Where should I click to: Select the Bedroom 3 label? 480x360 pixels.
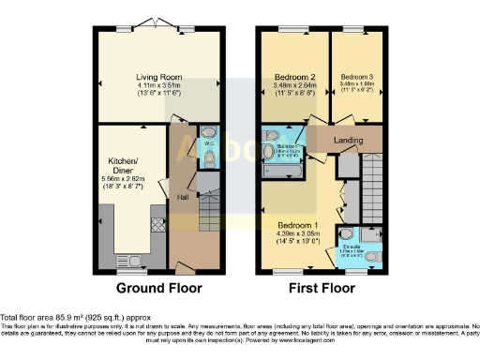pos(357,77)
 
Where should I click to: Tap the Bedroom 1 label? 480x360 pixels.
pos(297,225)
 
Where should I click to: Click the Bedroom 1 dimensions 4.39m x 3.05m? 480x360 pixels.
pos(297,234)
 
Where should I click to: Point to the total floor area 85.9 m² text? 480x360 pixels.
pos(66,320)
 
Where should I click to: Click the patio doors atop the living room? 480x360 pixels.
pos(157,23)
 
